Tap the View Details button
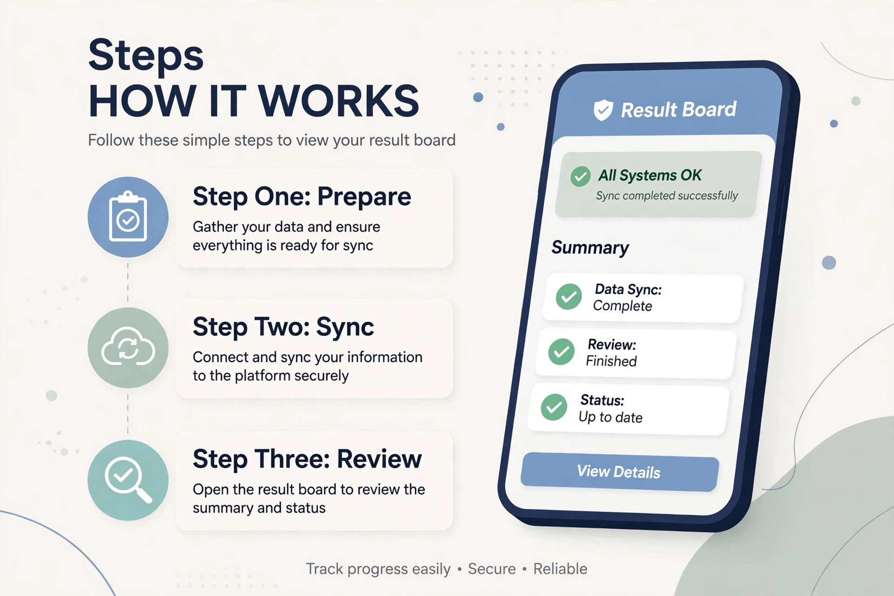click(620, 472)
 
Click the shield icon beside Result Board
click(603, 110)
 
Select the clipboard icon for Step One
click(128, 217)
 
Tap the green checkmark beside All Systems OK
click(581, 176)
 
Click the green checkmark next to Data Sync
click(569, 297)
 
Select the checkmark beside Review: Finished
click(562, 352)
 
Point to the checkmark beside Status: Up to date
click(554, 407)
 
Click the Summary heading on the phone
click(590, 247)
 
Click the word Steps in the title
click(146, 55)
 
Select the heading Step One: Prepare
click(302, 196)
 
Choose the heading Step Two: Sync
click(283, 327)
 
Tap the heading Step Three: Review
click(307, 459)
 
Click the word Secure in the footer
click(492, 569)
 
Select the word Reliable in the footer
click(560, 569)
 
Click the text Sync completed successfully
click(667, 196)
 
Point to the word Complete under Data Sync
click(623, 306)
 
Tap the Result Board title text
click(679, 110)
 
